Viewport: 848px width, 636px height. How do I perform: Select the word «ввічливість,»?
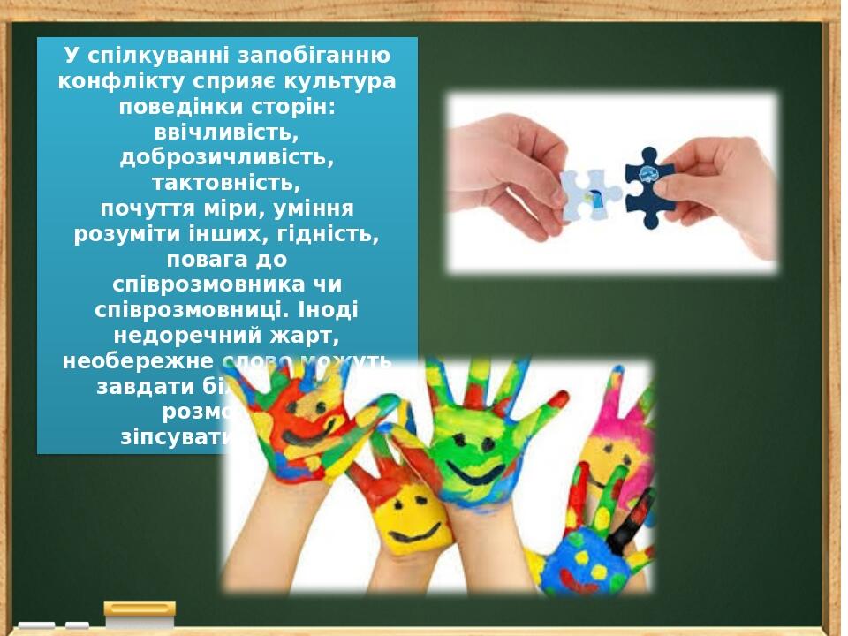point(226,132)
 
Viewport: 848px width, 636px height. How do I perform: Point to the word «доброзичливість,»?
point(226,157)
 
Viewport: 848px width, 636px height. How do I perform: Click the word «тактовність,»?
point(226,183)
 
